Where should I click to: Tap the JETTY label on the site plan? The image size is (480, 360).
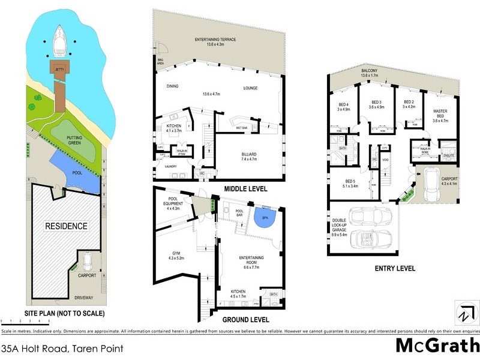click(x=59, y=70)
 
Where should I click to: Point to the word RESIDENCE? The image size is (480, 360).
click(x=66, y=226)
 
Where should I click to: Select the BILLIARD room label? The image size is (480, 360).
click(x=248, y=154)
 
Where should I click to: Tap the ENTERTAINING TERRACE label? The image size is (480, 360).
click(x=215, y=40)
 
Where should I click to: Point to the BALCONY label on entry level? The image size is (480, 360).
click(x=369, y=71)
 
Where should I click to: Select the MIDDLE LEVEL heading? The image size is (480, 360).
click(x=245, y=188)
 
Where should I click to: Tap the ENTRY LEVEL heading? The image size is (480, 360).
click(x=394, y=268)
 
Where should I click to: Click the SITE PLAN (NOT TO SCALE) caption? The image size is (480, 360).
click(x=64, y=313)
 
